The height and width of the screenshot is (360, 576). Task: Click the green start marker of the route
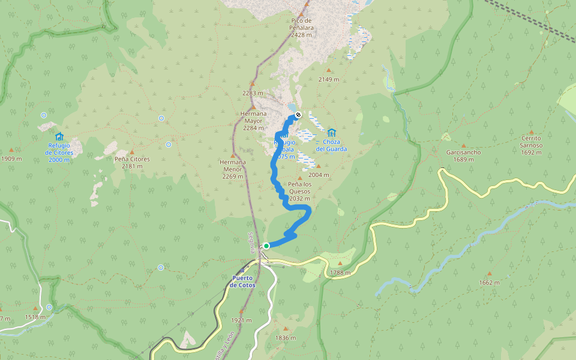pyautogui.click(x=266, y=245)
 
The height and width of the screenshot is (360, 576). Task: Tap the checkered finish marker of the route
pyautogui.click(x=298, y=115)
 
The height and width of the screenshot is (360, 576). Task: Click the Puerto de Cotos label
pyautogui.click(x=242, y=281)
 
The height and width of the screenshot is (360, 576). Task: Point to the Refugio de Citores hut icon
pyautogui.click(x=59, y=136)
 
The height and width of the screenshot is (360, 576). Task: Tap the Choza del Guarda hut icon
pyautogui.click(x=331, y=133)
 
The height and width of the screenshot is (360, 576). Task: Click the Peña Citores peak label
pyautogui.click(x=132, y=159)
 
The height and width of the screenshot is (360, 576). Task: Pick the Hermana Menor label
pyautogui.click(x=232, y=166)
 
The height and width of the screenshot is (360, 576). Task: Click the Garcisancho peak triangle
pyautogui.click(x=446, y=137)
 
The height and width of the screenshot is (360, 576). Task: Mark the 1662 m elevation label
pyautogui.click(x=489, y=283)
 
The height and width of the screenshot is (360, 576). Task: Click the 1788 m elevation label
pyautogui.click(x=340, y=273)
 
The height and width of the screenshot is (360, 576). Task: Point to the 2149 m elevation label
pyautogui.click(x=328, y=79)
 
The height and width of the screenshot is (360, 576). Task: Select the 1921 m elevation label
pyautogui.click(x=241, y=320)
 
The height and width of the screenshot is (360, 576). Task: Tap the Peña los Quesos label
pyautogui.click(x=299, y=187)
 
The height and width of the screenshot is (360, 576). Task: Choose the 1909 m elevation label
pyautogui.click(x=11, y=159)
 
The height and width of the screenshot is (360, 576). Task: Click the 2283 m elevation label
pyautogui.click(x=253, y=93)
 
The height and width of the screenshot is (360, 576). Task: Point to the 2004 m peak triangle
pyautogui.click(x=319, y=166)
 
